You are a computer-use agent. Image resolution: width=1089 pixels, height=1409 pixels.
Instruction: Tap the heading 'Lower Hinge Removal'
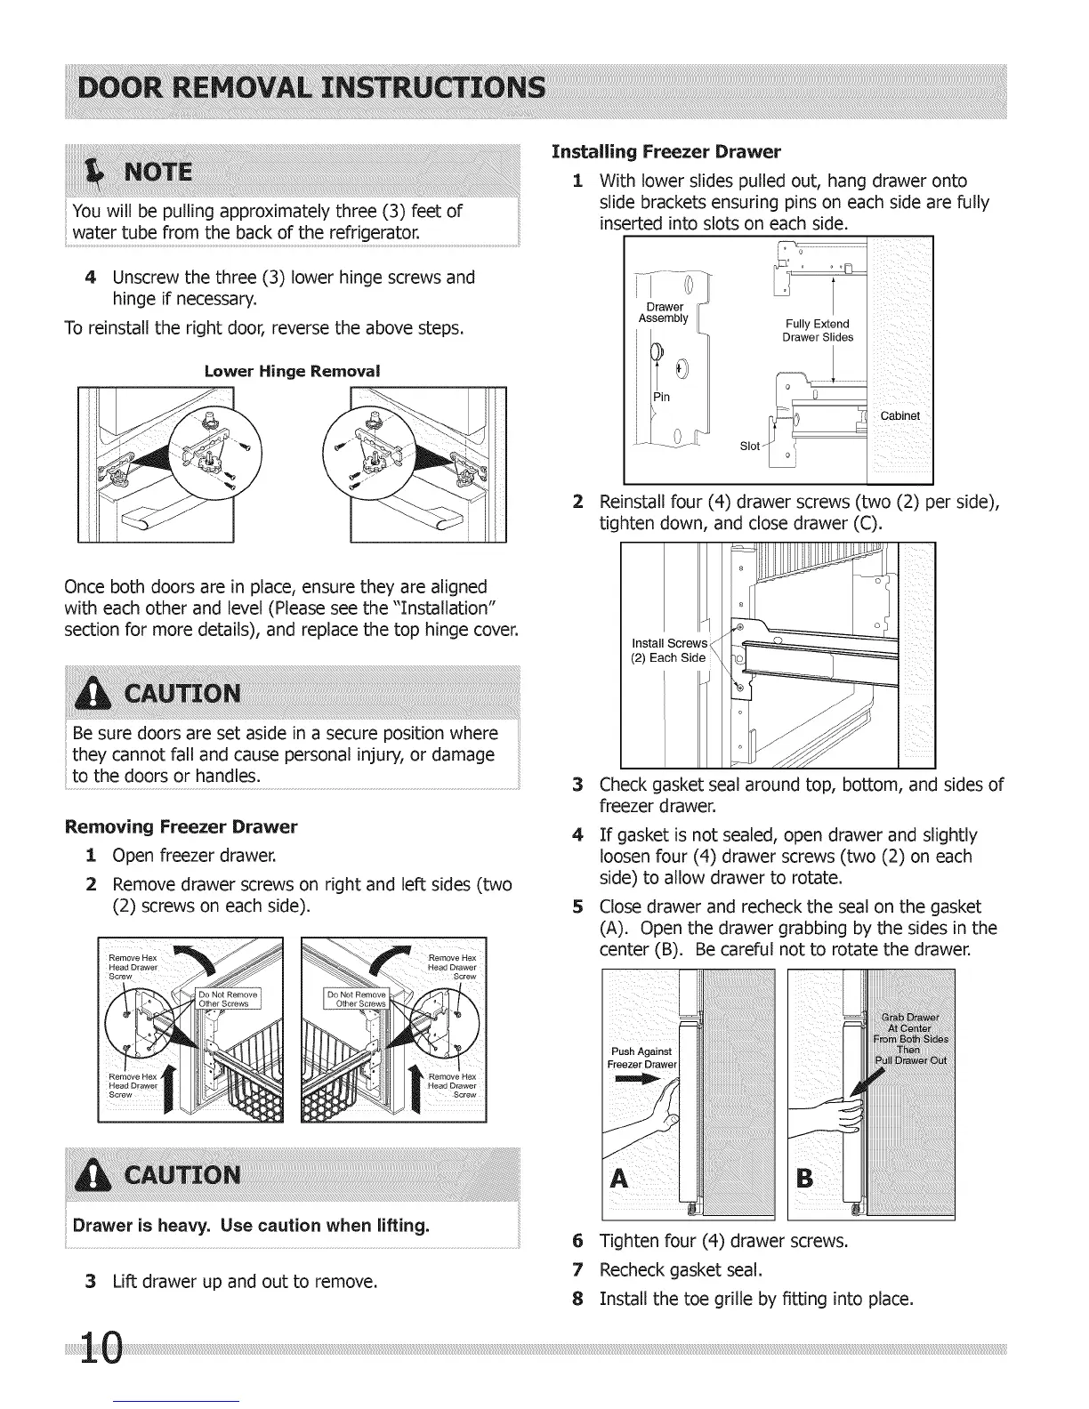pyautogui.click(x=292, y=371)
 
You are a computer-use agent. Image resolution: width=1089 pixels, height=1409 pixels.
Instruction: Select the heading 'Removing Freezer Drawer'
pyautogui.click(x=181, y=826)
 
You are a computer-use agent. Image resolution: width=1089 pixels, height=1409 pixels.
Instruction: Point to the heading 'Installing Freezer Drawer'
pyautogui.click(x=665, y=150)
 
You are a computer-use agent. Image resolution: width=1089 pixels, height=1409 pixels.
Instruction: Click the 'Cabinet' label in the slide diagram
pyautogui.click(x=899, y=416)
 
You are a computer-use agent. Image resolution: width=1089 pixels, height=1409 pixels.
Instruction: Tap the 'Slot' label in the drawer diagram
pyautogui.click(x=750, y=446)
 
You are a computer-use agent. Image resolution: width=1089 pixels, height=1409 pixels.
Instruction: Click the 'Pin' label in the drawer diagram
pyautogui.click(x=663, y=397)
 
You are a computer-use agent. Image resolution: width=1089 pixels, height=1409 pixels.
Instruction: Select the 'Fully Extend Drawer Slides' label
pyautogui.click(x=817, y=330)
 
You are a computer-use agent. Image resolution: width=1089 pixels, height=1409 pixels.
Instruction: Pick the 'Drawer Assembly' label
pyautogui.click(x=664, y=312)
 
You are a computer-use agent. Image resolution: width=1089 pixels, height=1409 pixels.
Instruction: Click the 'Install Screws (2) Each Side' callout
pyautogui.click(x=669, y=650)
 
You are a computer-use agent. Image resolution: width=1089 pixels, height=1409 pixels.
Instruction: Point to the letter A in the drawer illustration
pyautogui.click(x=621, y=1180)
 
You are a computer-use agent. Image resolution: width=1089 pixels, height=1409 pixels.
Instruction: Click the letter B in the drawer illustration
pyautogui.click(x=804, y=1180)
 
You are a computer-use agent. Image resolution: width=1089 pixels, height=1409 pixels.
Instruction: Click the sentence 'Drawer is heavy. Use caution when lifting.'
pyautogui.click(x=251, y=1226)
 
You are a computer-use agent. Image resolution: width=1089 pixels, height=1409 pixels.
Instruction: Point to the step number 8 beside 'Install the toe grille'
pyautogui.click(x=577, y=1299)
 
